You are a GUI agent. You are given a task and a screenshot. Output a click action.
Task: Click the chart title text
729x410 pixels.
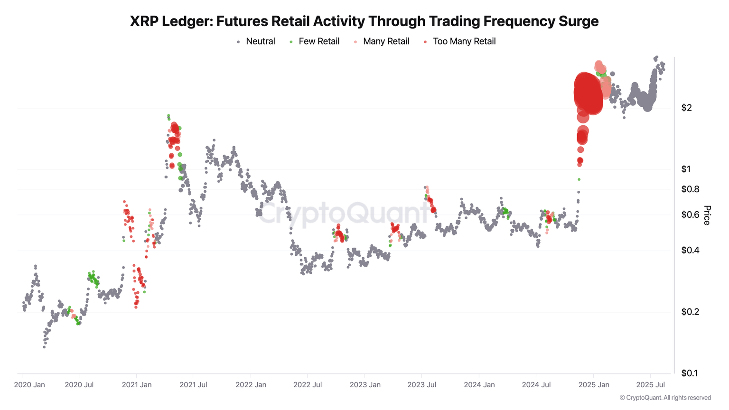click(x=364, y=21)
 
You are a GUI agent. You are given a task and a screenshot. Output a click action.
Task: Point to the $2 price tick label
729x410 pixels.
click(x=686, y=108)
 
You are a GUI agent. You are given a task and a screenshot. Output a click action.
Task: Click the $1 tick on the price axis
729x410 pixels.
click(x=686, y=169)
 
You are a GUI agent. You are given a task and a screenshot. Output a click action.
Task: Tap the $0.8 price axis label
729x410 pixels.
click(x=690, y=189)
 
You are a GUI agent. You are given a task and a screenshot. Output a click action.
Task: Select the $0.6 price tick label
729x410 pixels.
click(x=690, y=215)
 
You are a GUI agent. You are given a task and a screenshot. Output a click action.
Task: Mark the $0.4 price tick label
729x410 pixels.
click(x=690, y=250)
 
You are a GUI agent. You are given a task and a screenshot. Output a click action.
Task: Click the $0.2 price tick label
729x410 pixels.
click(x=690, y=312)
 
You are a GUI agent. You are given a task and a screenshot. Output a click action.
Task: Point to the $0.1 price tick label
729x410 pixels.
click(x=690, y=373)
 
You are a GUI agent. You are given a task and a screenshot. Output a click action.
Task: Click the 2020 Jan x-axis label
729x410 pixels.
click(x=29, y=385)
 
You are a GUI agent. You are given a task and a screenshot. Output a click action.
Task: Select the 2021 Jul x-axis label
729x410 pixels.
click(x=193, y=385)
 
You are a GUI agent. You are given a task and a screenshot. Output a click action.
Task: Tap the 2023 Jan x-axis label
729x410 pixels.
click(x=365, y=385)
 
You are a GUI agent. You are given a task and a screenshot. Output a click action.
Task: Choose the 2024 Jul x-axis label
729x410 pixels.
click(x=536, y=385)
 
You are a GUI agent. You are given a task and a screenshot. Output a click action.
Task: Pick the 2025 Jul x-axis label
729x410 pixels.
click(x=650, y=385)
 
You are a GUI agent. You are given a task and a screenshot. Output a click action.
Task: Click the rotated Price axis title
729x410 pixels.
click(x=707, y=215)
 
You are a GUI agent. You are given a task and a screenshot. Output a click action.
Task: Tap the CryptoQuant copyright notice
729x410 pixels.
click(x=665, y=398)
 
